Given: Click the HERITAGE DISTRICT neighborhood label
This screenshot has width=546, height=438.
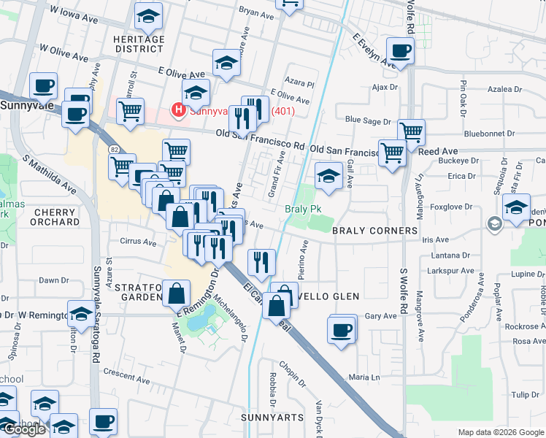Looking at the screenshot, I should click(x=139, y=44).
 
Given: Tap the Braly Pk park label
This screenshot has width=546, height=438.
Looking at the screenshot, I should click(x=303, y=209).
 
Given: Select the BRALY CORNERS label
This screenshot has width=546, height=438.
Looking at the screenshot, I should click(x=374, y=230).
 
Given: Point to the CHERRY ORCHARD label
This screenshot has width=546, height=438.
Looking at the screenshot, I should click(x=55, y=217).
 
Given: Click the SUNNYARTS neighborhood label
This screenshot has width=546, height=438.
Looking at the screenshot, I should click(x=271, y=417).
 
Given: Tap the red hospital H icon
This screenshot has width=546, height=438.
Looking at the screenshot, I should click(x=177, y=111).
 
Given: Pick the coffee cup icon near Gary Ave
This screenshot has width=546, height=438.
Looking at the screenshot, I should click(x=341, y=329).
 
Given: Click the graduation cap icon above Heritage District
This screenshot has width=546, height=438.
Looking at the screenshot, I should click(x=149, y=15).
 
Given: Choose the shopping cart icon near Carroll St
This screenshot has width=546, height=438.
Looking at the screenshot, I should click(x=130, y=112).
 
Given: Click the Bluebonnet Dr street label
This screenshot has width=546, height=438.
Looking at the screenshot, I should click(x=489, y=134).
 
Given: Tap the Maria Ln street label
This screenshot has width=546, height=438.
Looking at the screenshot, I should click(x=365, y=377).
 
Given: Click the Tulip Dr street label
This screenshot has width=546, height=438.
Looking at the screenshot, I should click(x=525, y=394).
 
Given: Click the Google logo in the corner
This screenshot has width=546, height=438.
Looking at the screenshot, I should click(x=23, y=429).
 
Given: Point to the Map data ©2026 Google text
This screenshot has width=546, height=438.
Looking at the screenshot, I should click(x=501, y=432).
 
